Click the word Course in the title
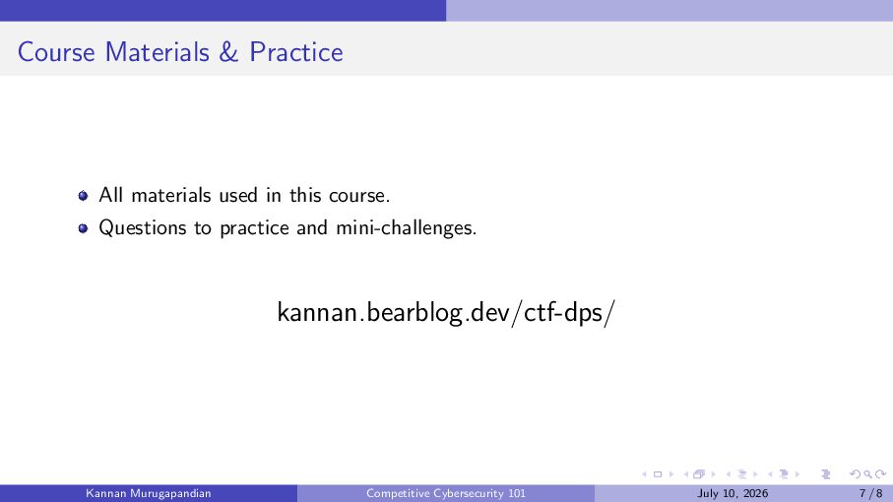tap(56, 52)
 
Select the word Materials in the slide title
tap(158, 52)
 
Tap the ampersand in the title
tap(228, 52)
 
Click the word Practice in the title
tap(296, 52)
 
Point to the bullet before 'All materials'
tap(83, 196)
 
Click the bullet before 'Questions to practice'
tap(83, 228)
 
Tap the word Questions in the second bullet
tap(143, 227)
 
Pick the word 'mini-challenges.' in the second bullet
tap(406, 227)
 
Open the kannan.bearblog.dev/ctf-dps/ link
tap(446, 312)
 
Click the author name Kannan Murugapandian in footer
tap(148, 493)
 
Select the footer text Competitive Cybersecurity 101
tap(446, 493)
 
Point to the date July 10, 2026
tap(733, 493)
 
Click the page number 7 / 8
tap(870, 493)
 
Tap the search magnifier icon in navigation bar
tap(867, 474)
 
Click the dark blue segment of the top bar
tap(223, 10)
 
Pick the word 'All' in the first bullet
tap(111, 195)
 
